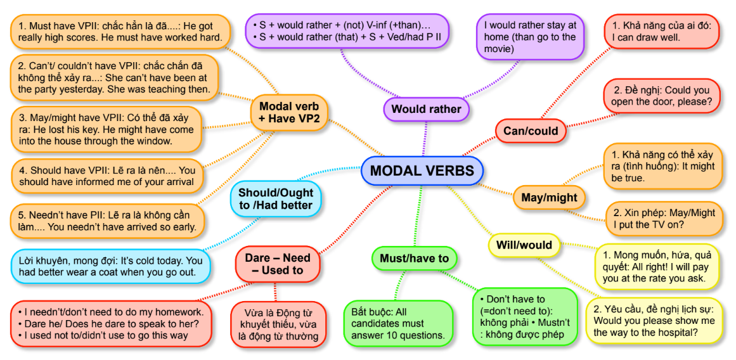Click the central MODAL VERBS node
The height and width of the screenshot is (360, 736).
coord(422,171)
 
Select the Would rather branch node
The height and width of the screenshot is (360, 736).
coord(426,109)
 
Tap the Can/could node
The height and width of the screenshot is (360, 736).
coord(531,131)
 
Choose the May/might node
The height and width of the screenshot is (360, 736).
coord(549,198)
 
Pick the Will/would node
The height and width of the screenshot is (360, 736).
coord(524,245)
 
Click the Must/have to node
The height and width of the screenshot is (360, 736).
coord(414,258)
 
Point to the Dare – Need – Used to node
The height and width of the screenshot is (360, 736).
coord(278,264)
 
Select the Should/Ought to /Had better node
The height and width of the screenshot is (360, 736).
coord(275,198)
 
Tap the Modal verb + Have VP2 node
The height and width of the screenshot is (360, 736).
coord(289,113)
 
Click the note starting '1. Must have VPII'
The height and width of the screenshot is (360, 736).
coord(120,31)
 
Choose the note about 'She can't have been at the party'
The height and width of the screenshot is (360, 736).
coord(114,78)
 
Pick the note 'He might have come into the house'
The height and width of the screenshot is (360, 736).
coord(106,129)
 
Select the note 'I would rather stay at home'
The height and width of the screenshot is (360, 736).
coord(530,37)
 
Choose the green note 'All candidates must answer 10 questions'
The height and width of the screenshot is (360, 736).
coord(398,323)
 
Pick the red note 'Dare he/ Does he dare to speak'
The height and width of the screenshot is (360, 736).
coord(111,323)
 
